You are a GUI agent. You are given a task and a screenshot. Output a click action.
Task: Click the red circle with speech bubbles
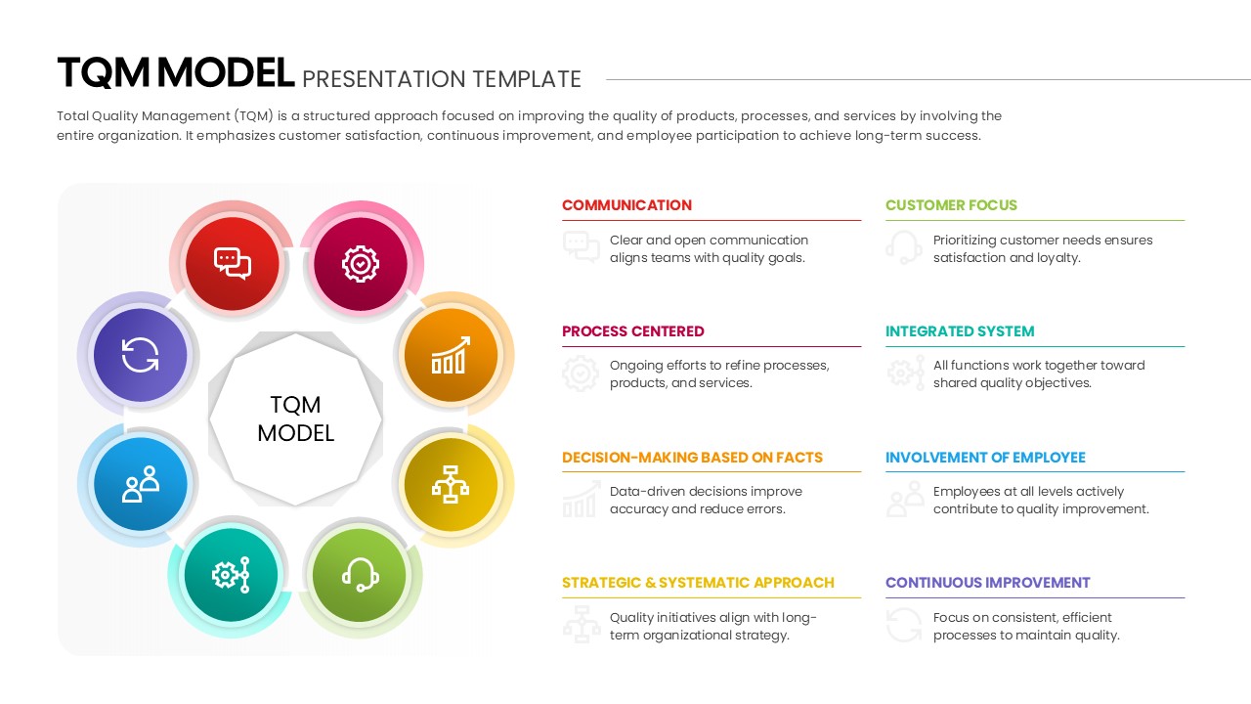(x=233, y=263)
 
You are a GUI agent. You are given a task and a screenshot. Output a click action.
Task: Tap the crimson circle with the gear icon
(x=361, y=263)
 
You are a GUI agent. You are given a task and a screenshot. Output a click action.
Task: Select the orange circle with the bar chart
(x=451, y=355)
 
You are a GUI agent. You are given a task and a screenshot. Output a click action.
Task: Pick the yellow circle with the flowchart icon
(x=451, y=483)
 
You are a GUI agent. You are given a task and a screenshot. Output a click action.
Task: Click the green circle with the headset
(x=360, y=575)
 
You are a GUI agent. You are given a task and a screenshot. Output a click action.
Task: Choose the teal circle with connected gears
(x=232, y=575)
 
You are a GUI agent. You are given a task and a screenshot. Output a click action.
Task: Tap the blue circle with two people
(x=140, y=483)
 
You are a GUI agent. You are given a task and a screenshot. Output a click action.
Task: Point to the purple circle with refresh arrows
(x=140, y=355)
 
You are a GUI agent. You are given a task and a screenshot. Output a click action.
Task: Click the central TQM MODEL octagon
(x=295, y=418)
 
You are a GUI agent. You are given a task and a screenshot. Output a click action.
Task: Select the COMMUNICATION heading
(x=626, y=205)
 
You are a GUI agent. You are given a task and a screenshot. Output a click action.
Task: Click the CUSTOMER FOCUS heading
(x=951, y=205)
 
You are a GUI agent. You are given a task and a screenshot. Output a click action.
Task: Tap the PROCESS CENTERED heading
(x=632, y=331)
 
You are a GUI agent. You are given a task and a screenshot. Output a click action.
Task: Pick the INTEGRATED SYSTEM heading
(x=960, y=331)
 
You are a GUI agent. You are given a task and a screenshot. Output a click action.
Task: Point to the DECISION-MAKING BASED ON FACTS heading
(x=692, y=458)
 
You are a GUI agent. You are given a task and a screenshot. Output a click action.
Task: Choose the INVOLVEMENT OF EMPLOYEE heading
(x=985, y=458)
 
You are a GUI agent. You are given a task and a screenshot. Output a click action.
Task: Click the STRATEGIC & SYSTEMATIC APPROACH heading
(x=698, y=583)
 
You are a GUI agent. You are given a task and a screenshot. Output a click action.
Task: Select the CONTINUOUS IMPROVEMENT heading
(x=987, y=583)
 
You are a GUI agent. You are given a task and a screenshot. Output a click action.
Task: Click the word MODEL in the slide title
(x=226, y=74)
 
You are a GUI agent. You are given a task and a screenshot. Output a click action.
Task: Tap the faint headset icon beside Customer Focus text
(x=904, y=247)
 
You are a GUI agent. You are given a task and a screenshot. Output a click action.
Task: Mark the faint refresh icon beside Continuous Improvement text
(x=904, y=625)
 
